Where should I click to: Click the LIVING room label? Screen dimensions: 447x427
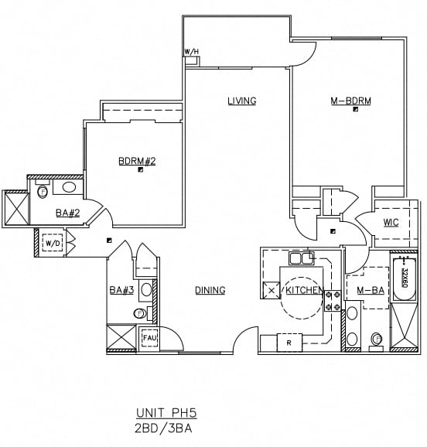coord(241,101)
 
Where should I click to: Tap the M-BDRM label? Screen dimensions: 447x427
coord(350,101)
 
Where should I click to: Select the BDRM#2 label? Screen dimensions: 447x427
coord(137,161)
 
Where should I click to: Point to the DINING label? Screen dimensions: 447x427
coord(210,290)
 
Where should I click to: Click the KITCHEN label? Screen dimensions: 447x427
coord(303,290)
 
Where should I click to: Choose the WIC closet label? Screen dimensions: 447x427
coord(391,223)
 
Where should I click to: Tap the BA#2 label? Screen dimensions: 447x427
coord(66,212)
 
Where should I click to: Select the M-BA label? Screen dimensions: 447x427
coord(371,290)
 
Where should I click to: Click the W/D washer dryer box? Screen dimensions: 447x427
coord(53,244)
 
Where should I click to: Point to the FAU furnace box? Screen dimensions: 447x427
coord(149,338)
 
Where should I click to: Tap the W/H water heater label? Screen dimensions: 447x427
coord(191,52)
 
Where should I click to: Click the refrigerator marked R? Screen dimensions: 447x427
coord(288,342)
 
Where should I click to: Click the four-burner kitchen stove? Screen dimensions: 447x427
coord(333,301)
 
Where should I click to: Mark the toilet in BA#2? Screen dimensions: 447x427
coord(43,189)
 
